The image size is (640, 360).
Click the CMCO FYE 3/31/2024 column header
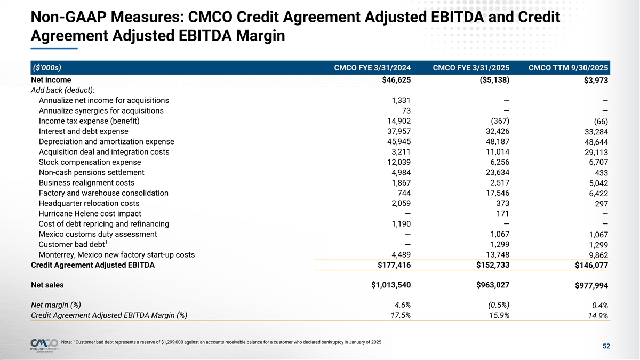tap(372, 68)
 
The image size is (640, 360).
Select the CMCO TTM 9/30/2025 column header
tap(569, 68)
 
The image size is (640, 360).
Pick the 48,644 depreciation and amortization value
tap(594, 142)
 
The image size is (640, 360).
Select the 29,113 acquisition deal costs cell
tap(594, 153)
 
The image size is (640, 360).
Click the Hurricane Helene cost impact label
tap(90, 213)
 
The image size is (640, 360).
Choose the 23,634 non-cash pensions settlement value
tap(494, 172)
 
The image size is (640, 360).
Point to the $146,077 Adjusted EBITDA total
tap(591, 266)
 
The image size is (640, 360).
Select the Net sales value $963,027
tap(493, 285)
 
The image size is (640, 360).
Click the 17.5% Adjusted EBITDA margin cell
tap(400, 315)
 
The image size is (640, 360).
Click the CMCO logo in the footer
tap(45, 343)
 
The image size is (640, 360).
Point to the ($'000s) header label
tap(46, 68)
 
